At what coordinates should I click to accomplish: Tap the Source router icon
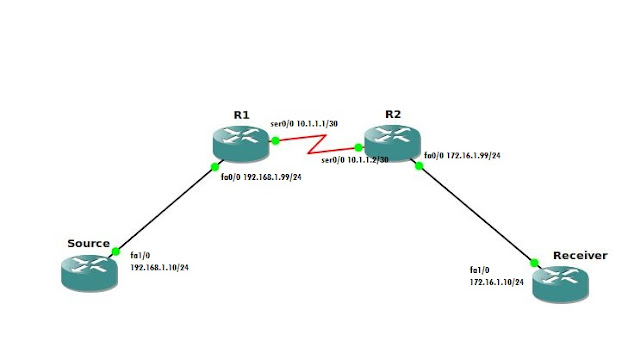click(87, 272)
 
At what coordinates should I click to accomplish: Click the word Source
click(88, 243)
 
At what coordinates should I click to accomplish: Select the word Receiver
click(580, 255)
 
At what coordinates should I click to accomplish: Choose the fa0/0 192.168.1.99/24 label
click(261, 177)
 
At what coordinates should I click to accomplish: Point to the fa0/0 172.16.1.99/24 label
click(462, 156)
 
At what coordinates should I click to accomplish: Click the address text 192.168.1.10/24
click(160, 268)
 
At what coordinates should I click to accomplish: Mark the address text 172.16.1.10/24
click(499, 283)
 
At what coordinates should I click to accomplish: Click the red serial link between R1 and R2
click(316, 148)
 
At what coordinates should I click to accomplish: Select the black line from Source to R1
click(165, 208)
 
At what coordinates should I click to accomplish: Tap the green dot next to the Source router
click(116, 251)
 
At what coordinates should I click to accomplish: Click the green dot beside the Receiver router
click(534, 262)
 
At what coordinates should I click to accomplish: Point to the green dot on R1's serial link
click(275, 141)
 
